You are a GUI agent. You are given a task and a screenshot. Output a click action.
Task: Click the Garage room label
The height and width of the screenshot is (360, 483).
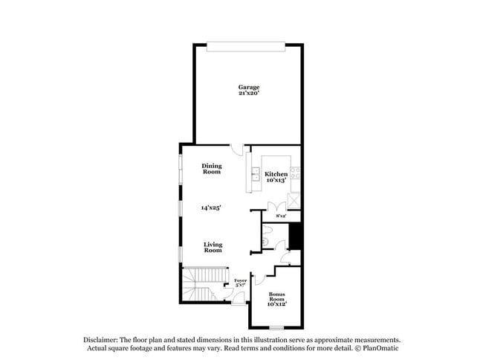tap(249, 88)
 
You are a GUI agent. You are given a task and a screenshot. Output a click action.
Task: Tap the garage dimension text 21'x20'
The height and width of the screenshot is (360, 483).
tap(249, 94)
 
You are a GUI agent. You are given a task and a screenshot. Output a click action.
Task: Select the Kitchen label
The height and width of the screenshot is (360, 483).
tap(276, 173)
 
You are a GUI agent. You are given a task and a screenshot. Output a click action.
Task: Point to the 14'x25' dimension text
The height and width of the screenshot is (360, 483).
tap(212, 208)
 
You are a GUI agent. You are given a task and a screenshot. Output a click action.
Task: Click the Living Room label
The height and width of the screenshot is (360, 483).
tap(213, 247)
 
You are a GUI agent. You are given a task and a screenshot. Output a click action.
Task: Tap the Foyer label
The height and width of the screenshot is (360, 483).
tap(240, 280)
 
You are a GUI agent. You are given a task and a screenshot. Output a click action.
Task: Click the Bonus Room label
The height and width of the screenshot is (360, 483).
tap(277, 300)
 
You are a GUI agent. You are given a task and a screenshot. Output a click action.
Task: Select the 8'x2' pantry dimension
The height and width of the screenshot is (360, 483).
tap(282, 216)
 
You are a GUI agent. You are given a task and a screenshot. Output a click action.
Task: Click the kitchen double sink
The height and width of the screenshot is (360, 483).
tap(254, 176)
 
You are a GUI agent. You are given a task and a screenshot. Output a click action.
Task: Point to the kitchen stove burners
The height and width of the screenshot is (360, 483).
tap(295, 176)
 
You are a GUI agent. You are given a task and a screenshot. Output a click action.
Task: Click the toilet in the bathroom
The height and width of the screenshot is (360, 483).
tap(265, 240)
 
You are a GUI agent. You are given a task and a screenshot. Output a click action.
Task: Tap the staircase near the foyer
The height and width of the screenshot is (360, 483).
tap(201, 284)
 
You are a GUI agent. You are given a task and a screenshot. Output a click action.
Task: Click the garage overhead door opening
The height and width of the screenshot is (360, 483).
tap(245, 47)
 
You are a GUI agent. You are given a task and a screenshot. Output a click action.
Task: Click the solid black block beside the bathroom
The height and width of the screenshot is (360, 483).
tap(294, 237)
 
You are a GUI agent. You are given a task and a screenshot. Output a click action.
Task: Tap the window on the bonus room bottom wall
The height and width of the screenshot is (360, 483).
tap(277, 327)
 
